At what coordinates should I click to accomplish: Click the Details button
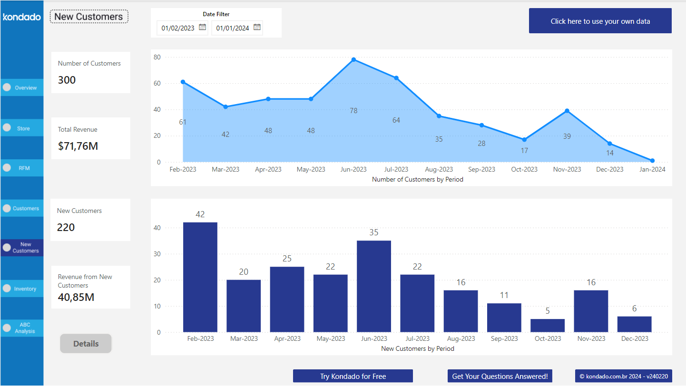point(86,344)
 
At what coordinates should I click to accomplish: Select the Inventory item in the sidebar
point(22,289)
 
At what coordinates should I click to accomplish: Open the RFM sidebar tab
point(22,168)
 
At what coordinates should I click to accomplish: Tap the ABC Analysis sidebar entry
point(22,328)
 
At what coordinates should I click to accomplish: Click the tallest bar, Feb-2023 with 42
point(200,277)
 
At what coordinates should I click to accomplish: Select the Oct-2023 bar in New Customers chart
point(548,326)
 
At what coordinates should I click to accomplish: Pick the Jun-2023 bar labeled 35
point(374,286)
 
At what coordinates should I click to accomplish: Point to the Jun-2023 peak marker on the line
point(353,59)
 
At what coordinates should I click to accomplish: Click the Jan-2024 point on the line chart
point(652,161)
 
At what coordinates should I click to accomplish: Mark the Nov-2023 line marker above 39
point(567,111)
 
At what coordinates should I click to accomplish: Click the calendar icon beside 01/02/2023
point(202,28)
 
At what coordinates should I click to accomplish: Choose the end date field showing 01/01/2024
point(233,28)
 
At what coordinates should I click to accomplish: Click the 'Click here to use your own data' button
point(600,21)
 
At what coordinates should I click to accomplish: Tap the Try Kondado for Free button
point(353,376)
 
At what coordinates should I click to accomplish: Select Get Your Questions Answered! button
point(500,376)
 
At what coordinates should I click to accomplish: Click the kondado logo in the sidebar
point(22,17)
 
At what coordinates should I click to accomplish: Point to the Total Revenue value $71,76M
point(78,146)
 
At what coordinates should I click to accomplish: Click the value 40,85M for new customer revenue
point(76,297)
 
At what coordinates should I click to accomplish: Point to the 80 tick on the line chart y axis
point(157,57)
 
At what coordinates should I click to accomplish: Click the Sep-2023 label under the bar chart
point(504,338)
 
